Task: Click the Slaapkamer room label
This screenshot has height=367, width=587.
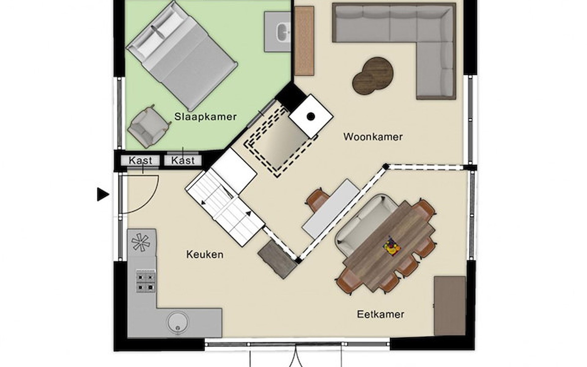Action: tap(205, 117)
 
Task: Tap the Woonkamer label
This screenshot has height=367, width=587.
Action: tap(373, 137)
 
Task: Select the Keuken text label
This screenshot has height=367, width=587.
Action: tap(205, 254)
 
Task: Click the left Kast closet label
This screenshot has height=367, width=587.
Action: tap(140, 161)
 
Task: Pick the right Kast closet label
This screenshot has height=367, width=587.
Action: tap(183, 161)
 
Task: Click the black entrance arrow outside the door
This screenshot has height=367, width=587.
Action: tap(103, 195)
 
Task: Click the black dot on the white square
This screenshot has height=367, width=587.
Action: tap(311, 116)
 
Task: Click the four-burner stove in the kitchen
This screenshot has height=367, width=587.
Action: tap(146, 282)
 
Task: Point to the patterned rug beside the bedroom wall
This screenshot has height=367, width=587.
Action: tap(304, 41)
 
